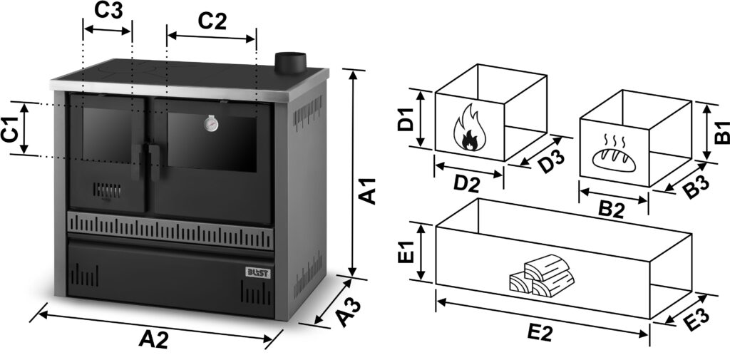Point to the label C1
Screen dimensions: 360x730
click(x=10, y=128)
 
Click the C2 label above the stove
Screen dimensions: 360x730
click(x=212, y=21)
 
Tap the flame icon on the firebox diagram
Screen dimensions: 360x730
click(x=470, y=128)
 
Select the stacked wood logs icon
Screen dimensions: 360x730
click(x=541, y=281)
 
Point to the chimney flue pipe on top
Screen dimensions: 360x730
click(x=289, y=61)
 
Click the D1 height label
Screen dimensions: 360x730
click(x=407, y=119)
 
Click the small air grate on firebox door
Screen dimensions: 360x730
click(x=107, y=191)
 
